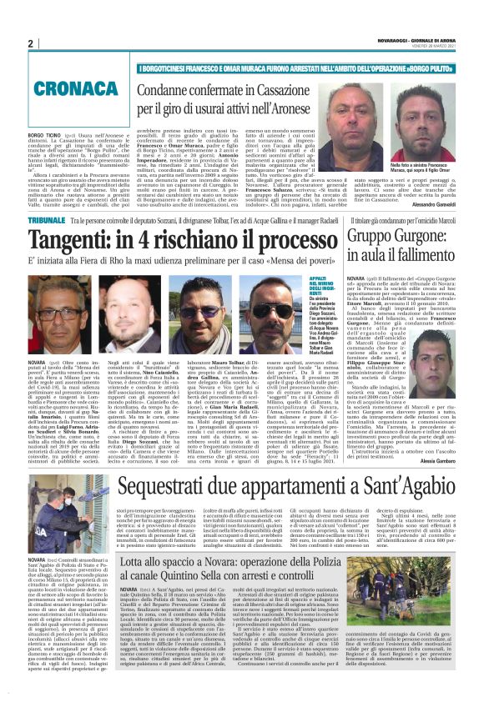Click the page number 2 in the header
(x=30, y=43)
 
